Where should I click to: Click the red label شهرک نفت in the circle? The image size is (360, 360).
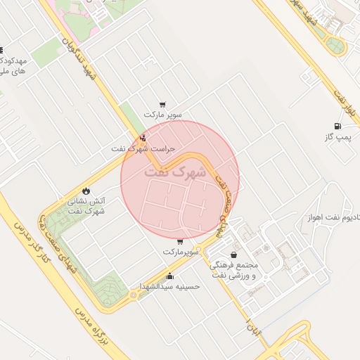click(x=175, y=172)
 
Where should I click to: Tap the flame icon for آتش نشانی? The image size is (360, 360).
click(x=86, y=191)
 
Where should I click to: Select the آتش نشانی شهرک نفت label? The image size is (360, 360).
click(x=88, y=205)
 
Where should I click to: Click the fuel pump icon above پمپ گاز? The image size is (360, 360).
click(x=339, y=127)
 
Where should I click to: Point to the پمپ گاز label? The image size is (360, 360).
click(x=337, y=138)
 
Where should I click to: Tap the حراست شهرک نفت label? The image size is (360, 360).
click(x=143, y=149)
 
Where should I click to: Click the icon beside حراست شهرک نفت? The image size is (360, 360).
click(x=143, y=138)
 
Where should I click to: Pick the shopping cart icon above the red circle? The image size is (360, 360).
click(x=163, y=103)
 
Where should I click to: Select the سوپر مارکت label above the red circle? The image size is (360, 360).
click(x=163, y=114)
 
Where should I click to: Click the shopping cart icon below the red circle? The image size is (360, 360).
click(x=180, y=241)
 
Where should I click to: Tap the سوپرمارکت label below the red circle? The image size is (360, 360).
click(x=182, y=252)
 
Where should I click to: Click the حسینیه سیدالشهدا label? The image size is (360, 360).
click(x=169, y=286)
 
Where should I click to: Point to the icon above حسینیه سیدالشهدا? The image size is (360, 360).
click(x=169, y=276)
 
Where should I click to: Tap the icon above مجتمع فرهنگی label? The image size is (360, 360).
click(x=233, y=255)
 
